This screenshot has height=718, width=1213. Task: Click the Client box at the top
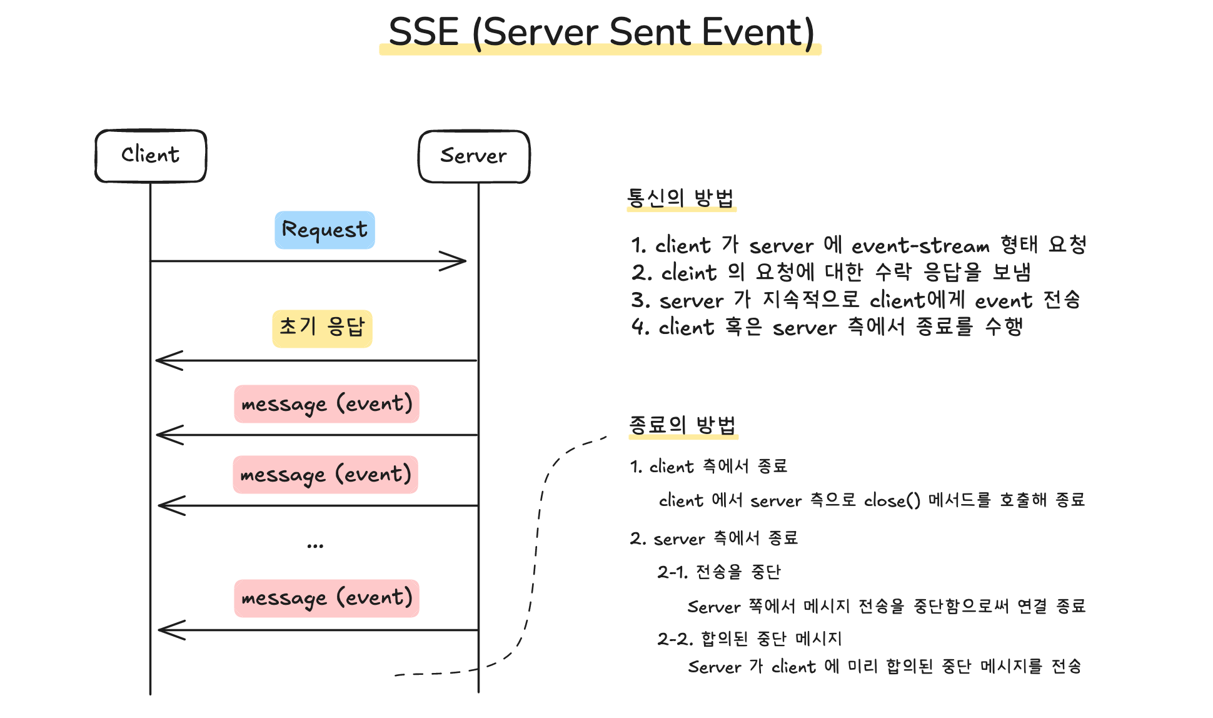coord(151,156)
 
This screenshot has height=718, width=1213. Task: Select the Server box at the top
coord(474,156)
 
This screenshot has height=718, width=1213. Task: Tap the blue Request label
coord(325,230)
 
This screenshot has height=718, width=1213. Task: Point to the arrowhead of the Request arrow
coord(466,261)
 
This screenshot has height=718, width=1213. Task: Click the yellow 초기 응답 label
coord(322,328)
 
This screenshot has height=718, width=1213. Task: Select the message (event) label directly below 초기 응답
coord(326,404)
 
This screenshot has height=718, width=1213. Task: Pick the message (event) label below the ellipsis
coord(326,599)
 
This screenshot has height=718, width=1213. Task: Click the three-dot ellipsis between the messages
coord(315,546)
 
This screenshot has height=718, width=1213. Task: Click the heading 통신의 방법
coord(680,198)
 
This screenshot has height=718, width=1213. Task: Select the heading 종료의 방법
coord(682,425)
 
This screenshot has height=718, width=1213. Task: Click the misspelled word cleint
coord(689,273)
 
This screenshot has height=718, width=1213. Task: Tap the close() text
coord(892,500)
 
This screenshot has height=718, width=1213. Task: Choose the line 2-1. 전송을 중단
coord(719,572)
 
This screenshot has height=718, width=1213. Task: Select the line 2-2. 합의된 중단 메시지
coord(750,639)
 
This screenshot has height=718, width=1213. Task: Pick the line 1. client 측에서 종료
coord(708,467)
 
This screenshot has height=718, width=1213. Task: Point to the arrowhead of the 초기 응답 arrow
coord(157,360)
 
